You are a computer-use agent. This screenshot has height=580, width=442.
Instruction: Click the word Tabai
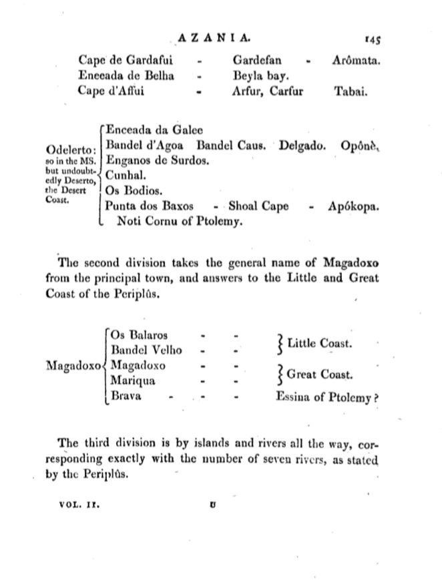[x=350, y=91]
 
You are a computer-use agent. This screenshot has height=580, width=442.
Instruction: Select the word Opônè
[x=359, y=145]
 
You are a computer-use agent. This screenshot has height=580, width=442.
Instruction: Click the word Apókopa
[x=353, y=206]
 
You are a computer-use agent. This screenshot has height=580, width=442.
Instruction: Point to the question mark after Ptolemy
[x=377, y=398]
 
